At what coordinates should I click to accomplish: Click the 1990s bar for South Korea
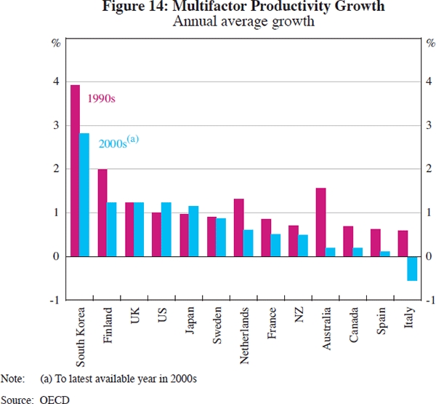(75, 170)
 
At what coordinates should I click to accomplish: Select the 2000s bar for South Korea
(84, 194)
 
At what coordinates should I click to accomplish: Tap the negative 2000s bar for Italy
(411, 268)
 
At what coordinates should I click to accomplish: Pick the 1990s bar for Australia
(320, 222)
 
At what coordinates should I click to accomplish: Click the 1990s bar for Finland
(102, 213)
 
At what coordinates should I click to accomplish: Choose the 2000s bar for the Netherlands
(249, 243)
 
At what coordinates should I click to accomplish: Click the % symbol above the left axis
(55, 41)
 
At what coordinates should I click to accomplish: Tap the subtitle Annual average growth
(243, 21)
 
